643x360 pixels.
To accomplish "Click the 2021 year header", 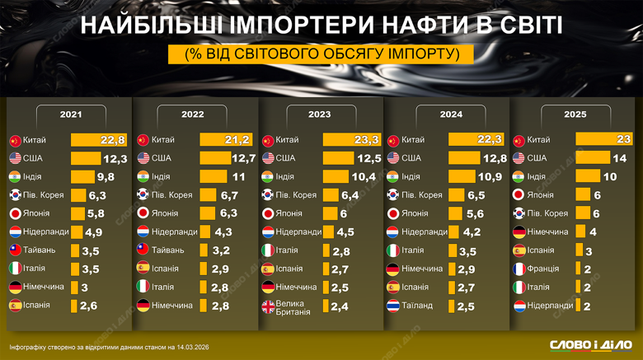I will [70, 115].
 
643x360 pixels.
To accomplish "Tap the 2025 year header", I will [575, 115].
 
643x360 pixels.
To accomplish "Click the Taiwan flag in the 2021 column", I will [15, 250].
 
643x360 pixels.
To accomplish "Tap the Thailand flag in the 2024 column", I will [394, 306].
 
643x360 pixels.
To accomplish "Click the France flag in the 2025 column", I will [519, 269].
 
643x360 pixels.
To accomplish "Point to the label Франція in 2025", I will [542, 269].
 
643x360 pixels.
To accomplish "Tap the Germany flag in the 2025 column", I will [519, 232].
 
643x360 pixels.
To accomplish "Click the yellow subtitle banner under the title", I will [321, 54].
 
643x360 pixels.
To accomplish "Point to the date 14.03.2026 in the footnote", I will [191, 345].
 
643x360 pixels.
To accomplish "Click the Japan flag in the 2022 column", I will [142, 213].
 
